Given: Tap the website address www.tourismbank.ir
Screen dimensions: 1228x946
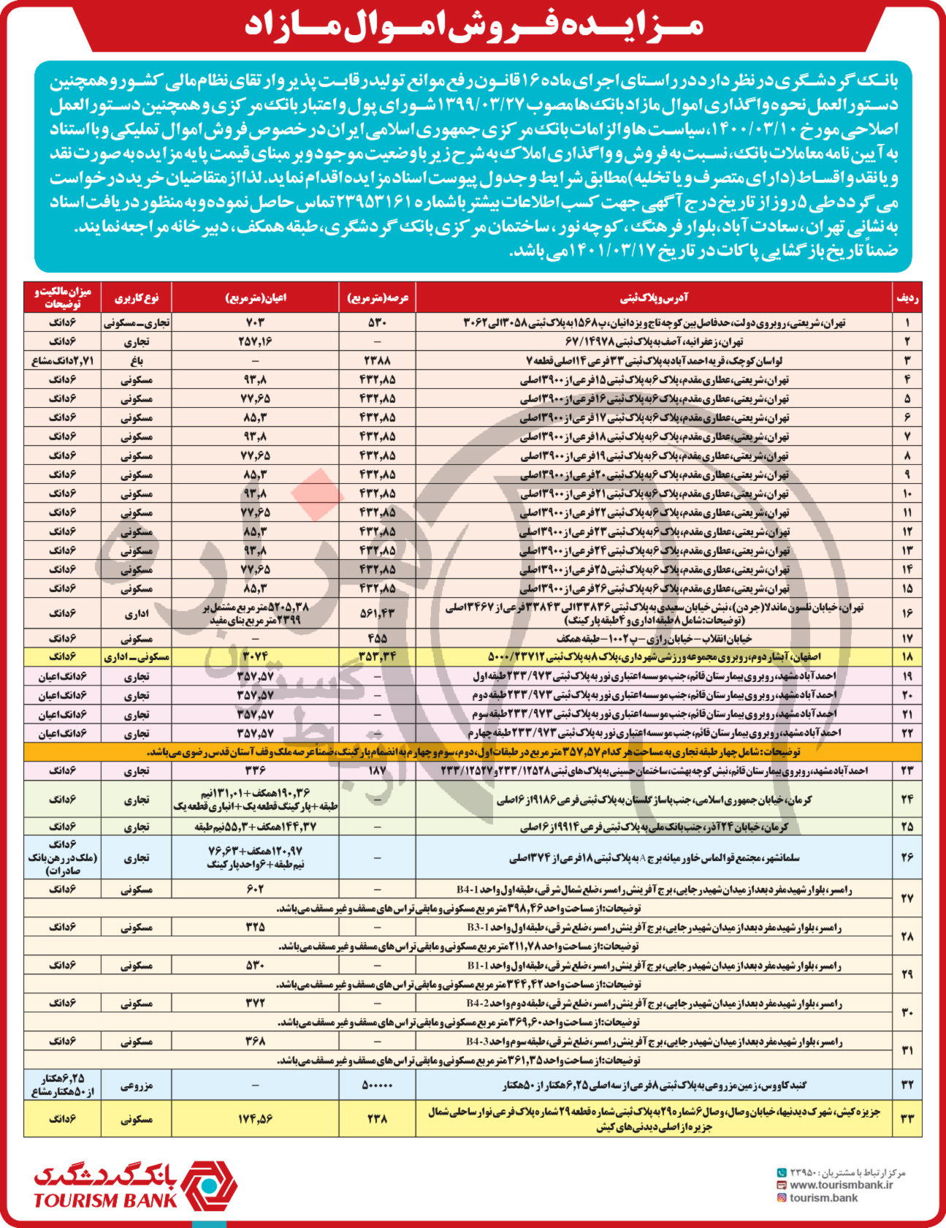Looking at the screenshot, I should (x=841, y=1185).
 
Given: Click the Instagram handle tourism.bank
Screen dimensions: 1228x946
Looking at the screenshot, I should (x=823, y=1197).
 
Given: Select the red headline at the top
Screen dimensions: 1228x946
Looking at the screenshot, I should (x=473, y=26).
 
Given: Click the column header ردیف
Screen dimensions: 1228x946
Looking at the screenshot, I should (x=907, y=297).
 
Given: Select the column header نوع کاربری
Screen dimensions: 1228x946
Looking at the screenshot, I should (x=136, y=297).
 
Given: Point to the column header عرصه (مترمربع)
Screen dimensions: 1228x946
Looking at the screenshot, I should (x=378, y=297).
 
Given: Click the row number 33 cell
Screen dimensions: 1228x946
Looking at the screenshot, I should (x=907, y=1118).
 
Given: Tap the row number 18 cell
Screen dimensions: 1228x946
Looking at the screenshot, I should (x=907, y=657).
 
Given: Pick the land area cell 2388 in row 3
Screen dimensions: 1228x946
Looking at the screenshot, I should (x=378, y=360).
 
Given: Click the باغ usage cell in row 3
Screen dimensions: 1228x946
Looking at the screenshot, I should (x=136, y=360).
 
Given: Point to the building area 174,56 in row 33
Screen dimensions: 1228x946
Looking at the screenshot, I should (x=255, y=1118).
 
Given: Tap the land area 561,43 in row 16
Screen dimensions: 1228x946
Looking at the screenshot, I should (x=378, y=614).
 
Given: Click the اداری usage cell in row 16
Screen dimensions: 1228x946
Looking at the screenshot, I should (x=136, y=614).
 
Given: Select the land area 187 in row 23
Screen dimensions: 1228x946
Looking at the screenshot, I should (x=378, y=770).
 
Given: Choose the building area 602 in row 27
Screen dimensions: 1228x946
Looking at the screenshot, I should (x=255, y=890).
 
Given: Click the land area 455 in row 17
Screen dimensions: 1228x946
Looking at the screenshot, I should (x=378, y=638).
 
